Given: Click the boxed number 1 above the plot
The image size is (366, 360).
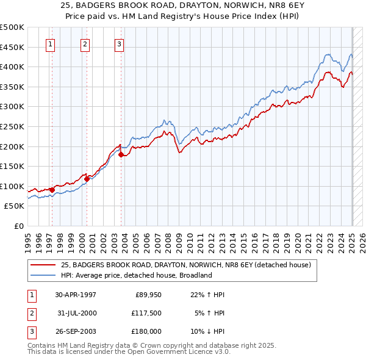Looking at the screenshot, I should pyautogui.click(x=49, y=44).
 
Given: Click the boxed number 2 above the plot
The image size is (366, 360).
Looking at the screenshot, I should pyautogui.click(x=85, y=44).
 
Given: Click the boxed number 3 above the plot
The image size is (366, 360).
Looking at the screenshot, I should pyautogui.click(x=119, y=44).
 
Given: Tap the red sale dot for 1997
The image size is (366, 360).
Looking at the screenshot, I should pyautogui.click(x=52, y=190).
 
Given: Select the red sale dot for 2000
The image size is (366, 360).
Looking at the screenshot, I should pyautogui.click(x=87, y=179).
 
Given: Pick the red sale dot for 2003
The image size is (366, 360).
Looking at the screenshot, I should pyautogui.click(x=121, y=154).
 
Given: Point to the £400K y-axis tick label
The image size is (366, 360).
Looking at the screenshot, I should pyautogui.click(x=12, y=67).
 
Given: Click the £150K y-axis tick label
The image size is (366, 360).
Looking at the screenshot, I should pyautogui.click(x=12, y=166).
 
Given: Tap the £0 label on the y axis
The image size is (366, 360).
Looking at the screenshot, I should pyautogui.click(x=19, y=226).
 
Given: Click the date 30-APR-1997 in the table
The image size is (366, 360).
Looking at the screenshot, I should pyautogui.click(x=76, y=295).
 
